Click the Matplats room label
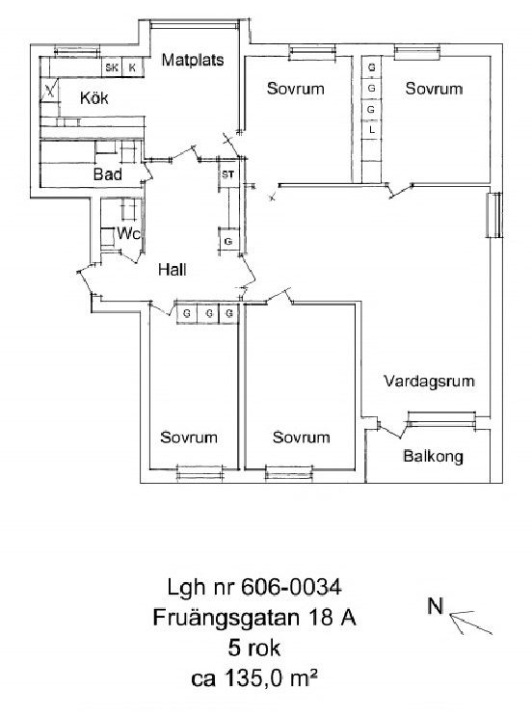coord(193,60)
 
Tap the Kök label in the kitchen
coord(94,97)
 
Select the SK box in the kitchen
coord(112,68)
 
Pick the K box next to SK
coord(132,68)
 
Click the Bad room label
coord(108,174)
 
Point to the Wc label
coord(128,233)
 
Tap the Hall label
coord(173,270)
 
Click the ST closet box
coord(227,174)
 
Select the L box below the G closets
coord(372,130)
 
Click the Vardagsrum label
coord(429,381)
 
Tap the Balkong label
coord(433,456)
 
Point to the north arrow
coord(470,623)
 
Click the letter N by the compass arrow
coord(436,606)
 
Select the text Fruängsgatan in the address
coord(226,619)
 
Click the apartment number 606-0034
coord(291,587)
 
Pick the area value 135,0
coord(256,678)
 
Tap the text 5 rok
coord(253,649)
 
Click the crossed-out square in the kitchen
coord(50,90)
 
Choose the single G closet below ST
coord(228,241)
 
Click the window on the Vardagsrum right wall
coord(493,215)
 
